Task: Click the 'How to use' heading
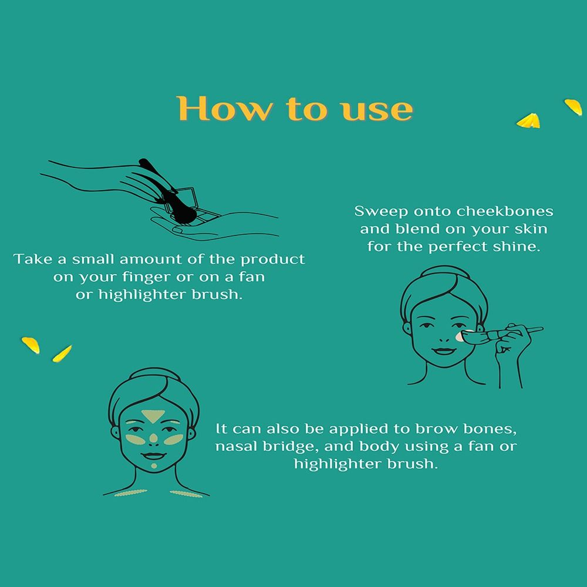pyautogui.click(x=295, y=109)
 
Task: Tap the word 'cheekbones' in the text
pyautogui.click(x=505, y=211)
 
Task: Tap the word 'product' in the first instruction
pyautogui.click(x=272, y=259)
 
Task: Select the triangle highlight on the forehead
pyautogui.click(x=153, y=416)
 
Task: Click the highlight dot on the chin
pyautogui.click(x=154, y=465)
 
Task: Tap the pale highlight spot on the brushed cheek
pyautogui.click(x=459, y=336)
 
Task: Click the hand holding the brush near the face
pyautogui.click(x=512, y=343)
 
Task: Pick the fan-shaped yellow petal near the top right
pyautogui.click(x=528, y=120)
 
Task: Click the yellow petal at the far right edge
pyautogui.click(x=573, y=107)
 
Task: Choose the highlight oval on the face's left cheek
pyautogui.click(x=135, y=439)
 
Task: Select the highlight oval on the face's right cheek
pyautogui.click(x=173, y=439)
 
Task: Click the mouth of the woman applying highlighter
pyautogui.click(x=444, y=351)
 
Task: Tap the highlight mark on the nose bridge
pyautogui.click(x=153, y=438)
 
